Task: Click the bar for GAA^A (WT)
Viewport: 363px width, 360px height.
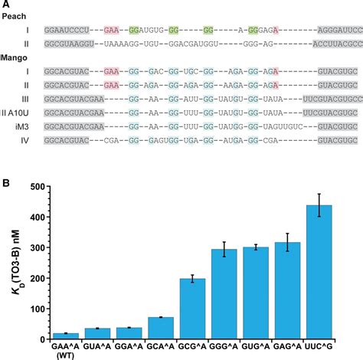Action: point(65,336)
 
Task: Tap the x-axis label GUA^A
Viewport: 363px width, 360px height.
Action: point(97,346)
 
